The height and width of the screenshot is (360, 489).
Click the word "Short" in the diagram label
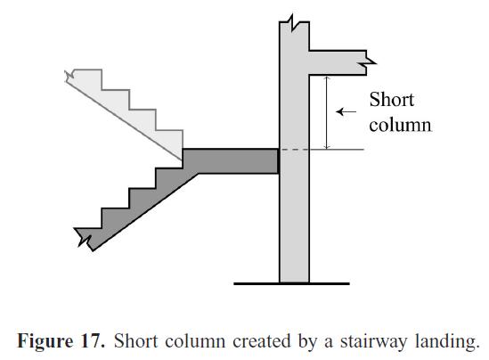(x=391, y=100)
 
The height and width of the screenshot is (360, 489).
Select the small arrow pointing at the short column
(x=347, y=112)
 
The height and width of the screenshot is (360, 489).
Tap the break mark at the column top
(x=293, y=21)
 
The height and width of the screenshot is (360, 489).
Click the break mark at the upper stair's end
(x=71, y=75)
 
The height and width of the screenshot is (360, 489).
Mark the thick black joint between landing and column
(x=279, y=160)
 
